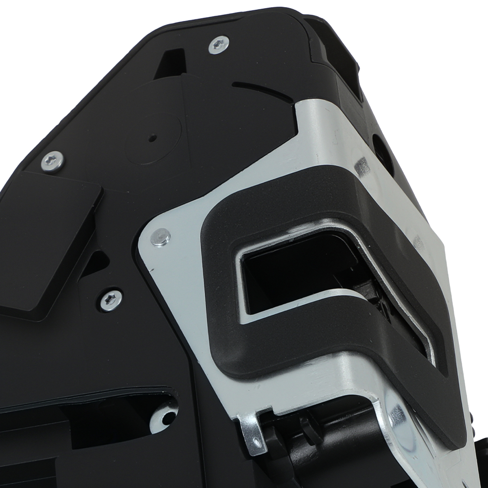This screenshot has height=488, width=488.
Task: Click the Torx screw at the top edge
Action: [x=218, y=45]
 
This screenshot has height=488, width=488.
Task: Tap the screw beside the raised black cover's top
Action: [x=52, y=161]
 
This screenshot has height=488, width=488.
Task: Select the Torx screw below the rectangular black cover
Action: [x=111, y=299]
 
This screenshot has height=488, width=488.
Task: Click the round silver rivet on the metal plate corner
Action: [x=160, y=237]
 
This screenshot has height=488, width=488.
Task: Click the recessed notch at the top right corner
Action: [x=342, y=54]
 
